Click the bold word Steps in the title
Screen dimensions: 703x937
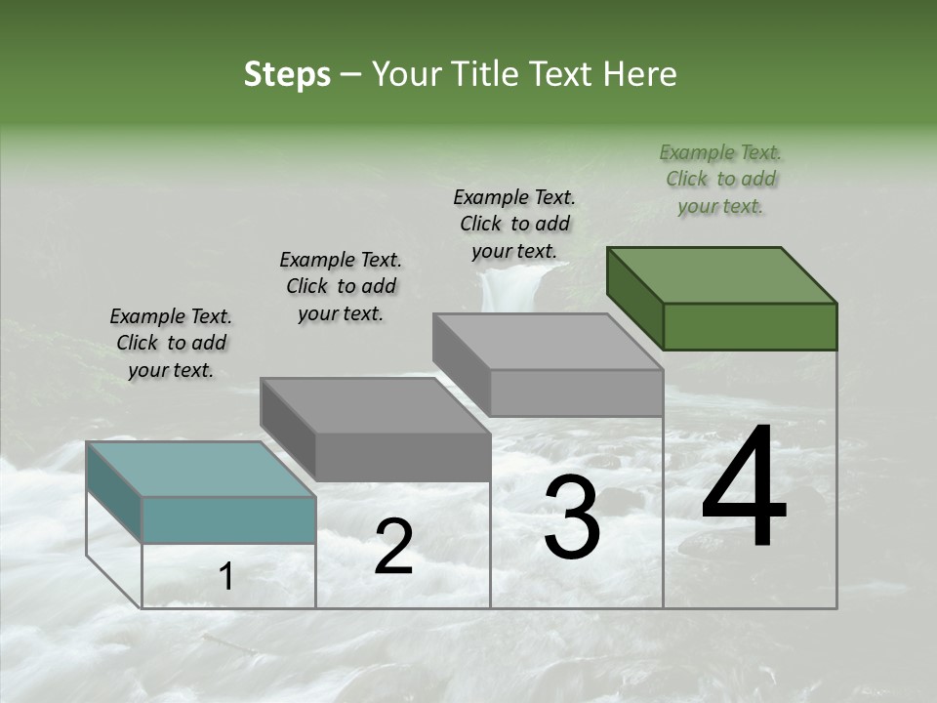287,74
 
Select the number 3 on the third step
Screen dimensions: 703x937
572,519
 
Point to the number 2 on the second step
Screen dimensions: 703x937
393,547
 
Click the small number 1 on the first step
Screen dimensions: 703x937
226,577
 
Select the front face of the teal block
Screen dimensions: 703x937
229,519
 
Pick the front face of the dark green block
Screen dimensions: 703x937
750,326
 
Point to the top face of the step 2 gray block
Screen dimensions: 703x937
375,405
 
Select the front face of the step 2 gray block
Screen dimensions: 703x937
403,457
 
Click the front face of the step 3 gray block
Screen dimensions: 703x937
576,393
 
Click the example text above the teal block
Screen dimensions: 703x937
171,343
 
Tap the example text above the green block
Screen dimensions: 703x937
720,179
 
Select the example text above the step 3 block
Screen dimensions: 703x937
514,224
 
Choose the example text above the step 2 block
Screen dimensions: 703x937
341,286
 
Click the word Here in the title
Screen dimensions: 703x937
642,74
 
